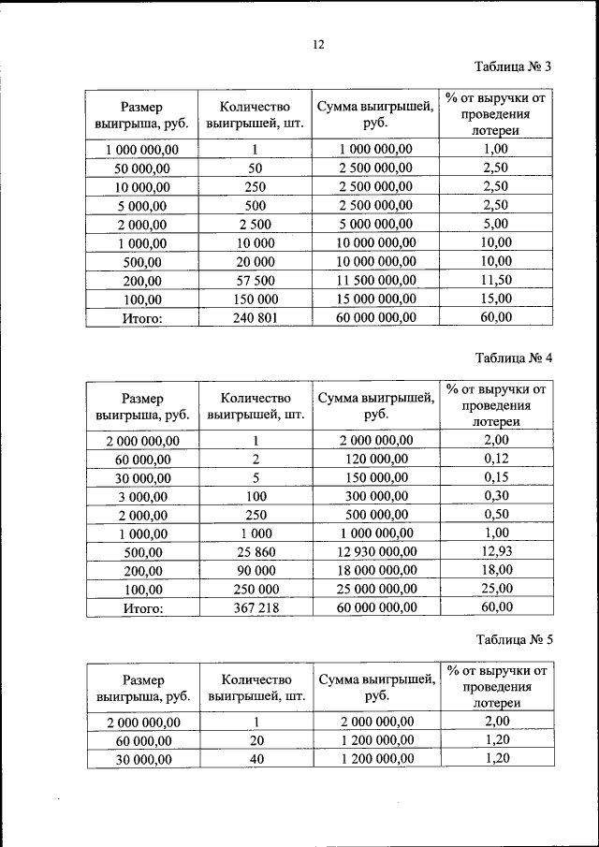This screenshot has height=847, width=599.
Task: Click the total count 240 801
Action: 255,318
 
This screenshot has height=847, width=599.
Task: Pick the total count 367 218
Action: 255,608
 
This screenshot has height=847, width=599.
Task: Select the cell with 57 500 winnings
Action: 255,281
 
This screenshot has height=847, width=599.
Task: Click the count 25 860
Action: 255,552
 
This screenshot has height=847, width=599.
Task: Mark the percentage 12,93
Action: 496,551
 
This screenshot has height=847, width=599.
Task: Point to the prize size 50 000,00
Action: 141,168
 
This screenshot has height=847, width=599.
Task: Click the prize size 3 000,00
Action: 141,496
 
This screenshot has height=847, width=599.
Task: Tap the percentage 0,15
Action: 496,476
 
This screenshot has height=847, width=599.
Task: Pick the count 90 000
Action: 255,571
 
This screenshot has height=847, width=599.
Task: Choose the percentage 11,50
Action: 496,280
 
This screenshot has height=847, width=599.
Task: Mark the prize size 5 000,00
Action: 141,206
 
